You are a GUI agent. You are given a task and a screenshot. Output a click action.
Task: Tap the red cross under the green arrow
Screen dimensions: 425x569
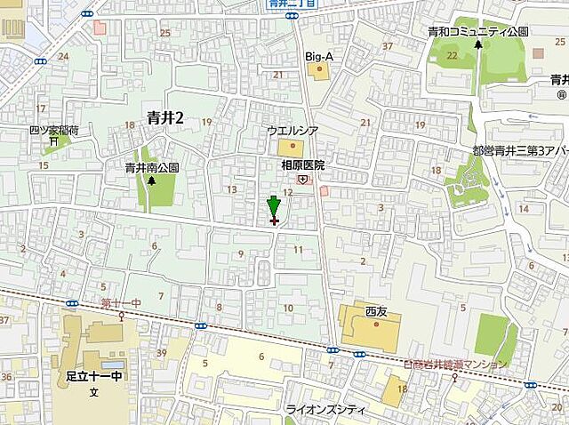(x=273, y=221)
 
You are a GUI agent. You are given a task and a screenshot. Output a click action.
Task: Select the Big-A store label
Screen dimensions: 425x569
(x=319, y=56)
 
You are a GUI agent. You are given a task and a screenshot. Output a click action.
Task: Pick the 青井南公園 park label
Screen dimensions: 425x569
(x=152, y=166)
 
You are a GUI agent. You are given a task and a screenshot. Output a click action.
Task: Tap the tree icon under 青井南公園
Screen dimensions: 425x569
(x=151, y=180)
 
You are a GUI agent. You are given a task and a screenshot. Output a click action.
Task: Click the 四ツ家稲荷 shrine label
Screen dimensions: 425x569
(x=53, y=130)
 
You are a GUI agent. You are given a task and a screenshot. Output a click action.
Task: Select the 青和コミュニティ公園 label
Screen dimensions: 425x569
(x=477, y=31)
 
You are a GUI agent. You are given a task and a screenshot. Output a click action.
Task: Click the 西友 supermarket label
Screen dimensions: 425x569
(x=377, y=312)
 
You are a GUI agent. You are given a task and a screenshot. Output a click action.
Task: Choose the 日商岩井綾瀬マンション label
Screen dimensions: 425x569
(x=454, y=365)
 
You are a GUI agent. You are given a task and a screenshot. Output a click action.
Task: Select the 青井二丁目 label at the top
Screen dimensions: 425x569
(x=293, y=4)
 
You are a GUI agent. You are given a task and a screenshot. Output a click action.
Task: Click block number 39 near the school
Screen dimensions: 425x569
(x=161, y=354)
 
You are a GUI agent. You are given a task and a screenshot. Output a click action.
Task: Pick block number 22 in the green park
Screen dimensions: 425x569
(x=452, y=56)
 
